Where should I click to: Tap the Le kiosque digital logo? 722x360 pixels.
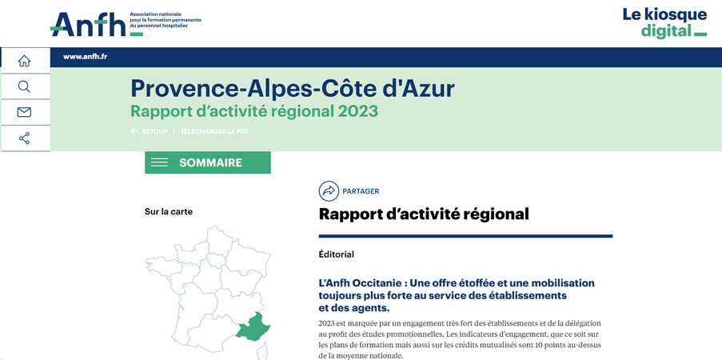tap(664, 22)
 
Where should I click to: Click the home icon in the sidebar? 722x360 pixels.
tap(25, 60)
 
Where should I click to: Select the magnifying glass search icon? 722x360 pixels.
tap(24, 86)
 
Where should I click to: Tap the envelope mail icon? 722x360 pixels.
tap(24, 112)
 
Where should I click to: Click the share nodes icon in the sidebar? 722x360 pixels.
tap(24, 138)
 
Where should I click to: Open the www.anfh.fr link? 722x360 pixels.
tap(86, 57)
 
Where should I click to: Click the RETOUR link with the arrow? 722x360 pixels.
tap(150, 132)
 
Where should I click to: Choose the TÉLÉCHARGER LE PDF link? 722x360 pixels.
tap(214, 132)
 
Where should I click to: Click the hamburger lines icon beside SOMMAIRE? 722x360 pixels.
tap(159, 162)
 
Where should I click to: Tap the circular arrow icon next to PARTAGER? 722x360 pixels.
tap(329, 191)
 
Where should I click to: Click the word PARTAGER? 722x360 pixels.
tap(361, 191)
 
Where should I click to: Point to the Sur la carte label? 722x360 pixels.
tap(169, 212)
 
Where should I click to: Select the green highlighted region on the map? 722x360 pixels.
tap(253, 327)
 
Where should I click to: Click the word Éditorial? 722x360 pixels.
tap(336, 254)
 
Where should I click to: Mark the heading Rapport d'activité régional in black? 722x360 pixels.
tap(424, 214)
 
